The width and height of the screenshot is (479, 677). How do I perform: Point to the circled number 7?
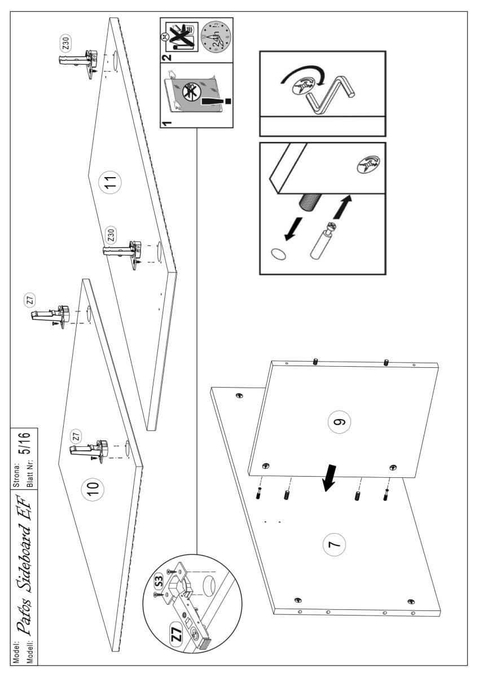[x=333, y=546]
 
